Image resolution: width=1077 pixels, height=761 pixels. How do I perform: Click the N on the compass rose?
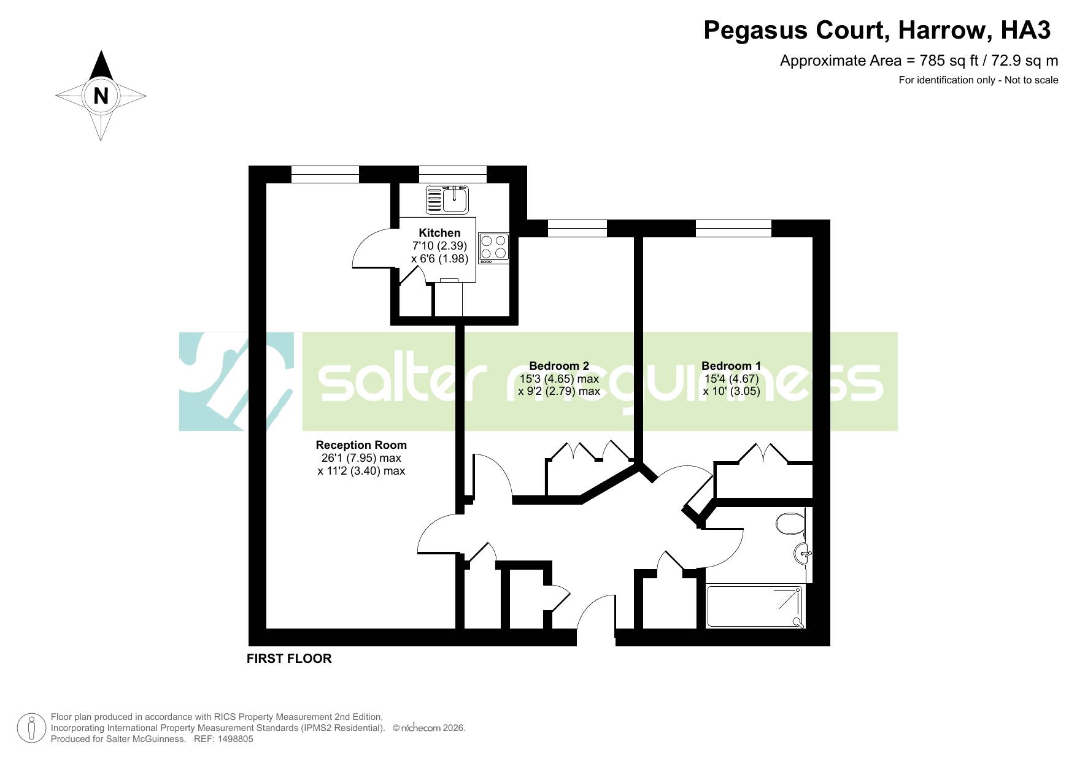101,96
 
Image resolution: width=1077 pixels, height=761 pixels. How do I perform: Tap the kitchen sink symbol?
447,200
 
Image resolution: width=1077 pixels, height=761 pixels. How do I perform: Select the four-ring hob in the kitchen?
494,248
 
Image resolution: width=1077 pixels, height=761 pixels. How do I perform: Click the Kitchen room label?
439,233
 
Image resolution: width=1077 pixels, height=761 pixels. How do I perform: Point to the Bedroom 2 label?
559,366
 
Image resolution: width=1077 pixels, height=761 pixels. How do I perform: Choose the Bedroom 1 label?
731,366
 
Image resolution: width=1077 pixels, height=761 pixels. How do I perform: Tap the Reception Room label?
361,445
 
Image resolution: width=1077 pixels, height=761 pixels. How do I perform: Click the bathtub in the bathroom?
755,606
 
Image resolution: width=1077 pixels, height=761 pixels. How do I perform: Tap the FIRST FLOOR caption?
289,659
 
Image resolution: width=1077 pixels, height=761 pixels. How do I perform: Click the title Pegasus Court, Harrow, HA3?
877,30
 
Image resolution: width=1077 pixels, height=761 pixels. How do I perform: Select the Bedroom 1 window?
733,228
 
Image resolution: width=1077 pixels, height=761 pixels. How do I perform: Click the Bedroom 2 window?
577,228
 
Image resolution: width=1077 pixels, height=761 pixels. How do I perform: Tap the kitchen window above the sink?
453,174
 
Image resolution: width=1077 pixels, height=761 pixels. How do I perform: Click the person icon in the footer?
31,728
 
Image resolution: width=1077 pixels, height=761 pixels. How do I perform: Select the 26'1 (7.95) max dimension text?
361,458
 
